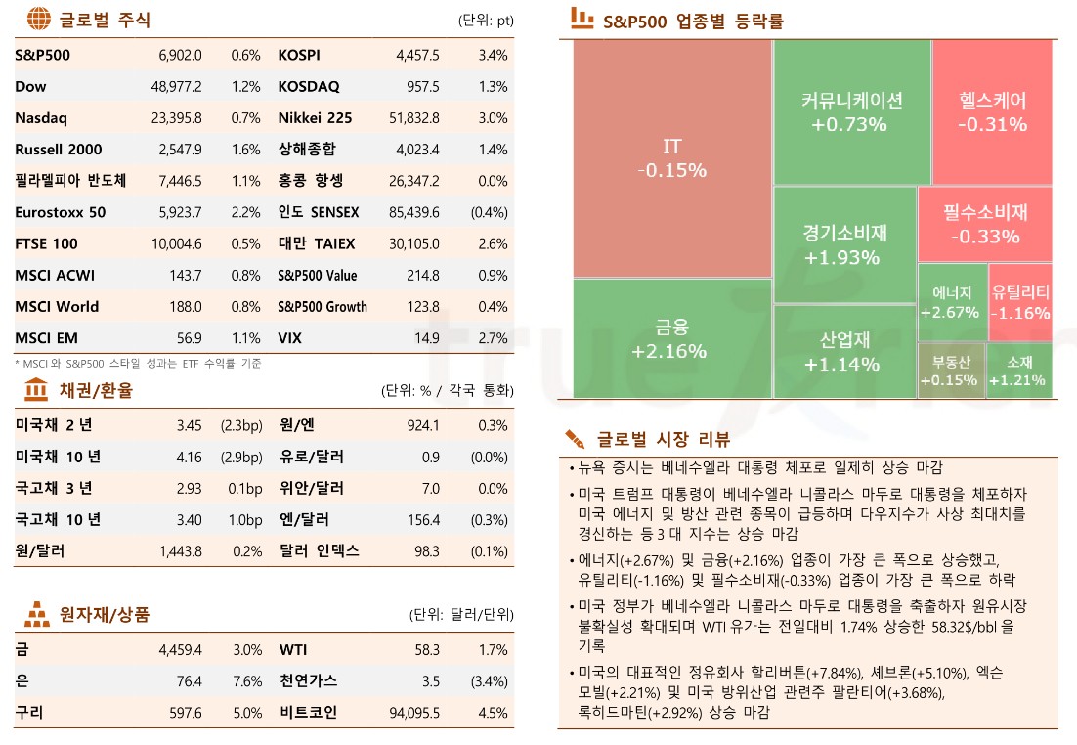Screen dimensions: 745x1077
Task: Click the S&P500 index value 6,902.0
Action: [x=180, y=56]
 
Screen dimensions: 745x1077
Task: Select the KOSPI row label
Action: [x=299, y=56]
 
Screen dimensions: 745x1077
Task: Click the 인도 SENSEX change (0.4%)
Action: [x=489, y=212]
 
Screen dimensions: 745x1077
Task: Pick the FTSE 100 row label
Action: [x=47, y=243]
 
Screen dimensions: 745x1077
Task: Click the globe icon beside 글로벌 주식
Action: [x=38, y=20]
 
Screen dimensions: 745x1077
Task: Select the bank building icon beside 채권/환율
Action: [x=37, y=391]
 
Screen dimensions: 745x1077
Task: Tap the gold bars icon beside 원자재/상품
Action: [x=37, y=615]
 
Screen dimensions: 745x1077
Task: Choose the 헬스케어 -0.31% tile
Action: [x=992, y=111]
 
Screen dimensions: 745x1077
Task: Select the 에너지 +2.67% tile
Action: [x=951, y=302]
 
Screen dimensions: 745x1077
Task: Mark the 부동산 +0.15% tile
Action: [x=949, y=371]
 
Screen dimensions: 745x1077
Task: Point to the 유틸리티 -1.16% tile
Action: [x=1020, y=302]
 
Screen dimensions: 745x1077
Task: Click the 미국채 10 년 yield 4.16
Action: [x=190, y=457]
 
